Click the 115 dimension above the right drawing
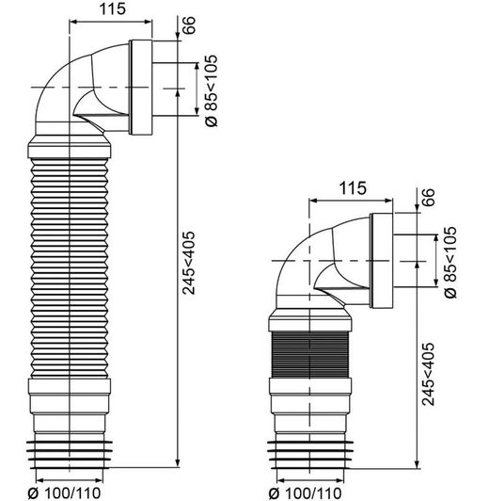click(x=353, y=188)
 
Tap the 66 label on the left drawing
click(x=188, y=24)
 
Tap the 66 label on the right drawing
click(x=429, y=198)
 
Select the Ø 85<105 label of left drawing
click(x=211, y=91)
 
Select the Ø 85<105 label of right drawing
click(x=450, y=263)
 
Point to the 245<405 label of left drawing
click(x=188, y=263)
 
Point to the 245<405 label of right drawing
click(x=429, y=374)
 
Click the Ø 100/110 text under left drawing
click(x=65, y=493)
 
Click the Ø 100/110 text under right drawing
click(x=306, y=493)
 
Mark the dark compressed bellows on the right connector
click(x=309, y=355)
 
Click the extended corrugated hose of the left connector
click(x=70, y=268)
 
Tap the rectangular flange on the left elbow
click(x=141, y=88)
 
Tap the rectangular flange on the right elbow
click(x=382, y=261)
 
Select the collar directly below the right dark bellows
click(x=310, y=386)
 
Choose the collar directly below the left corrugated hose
click(x=70, y=387)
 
